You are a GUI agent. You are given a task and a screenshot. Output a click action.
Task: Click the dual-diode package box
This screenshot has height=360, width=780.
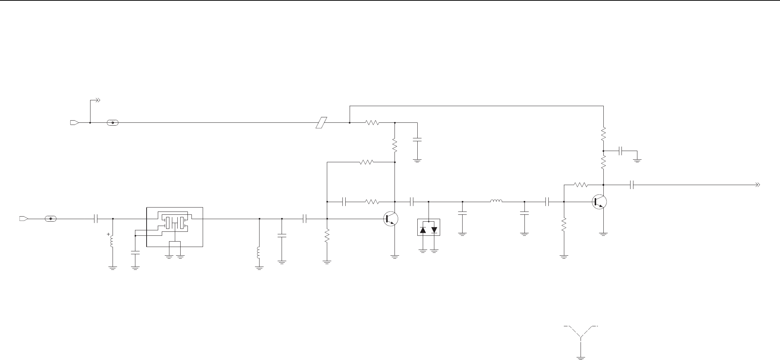point(429,227)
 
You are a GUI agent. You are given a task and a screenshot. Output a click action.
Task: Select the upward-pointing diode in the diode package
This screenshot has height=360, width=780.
point(423,230)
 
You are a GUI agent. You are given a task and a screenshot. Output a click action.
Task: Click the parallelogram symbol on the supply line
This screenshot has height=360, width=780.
point(321,123)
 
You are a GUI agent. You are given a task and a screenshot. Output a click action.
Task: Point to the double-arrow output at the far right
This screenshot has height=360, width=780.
point(756,185)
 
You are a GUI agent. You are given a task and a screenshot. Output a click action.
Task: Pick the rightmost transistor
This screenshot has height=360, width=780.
point(599,202)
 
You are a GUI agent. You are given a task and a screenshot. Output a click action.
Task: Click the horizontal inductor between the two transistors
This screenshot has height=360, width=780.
point(496,201)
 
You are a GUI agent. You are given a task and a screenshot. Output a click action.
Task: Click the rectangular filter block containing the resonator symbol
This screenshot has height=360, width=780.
point(174,227)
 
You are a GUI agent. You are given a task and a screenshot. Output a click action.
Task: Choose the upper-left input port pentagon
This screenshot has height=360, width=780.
point(74,123)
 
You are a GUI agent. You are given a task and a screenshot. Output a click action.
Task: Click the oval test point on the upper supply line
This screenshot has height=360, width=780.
point(113,123)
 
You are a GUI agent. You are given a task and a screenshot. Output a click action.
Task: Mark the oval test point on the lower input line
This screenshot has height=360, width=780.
point(50,219)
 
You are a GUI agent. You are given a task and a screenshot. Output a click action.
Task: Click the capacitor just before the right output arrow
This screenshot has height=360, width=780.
point(632,185)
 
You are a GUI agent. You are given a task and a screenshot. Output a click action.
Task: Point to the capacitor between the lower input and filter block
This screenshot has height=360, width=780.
point(96,219)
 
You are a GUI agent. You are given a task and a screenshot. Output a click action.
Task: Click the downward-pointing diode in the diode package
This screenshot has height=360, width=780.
point(434,230)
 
